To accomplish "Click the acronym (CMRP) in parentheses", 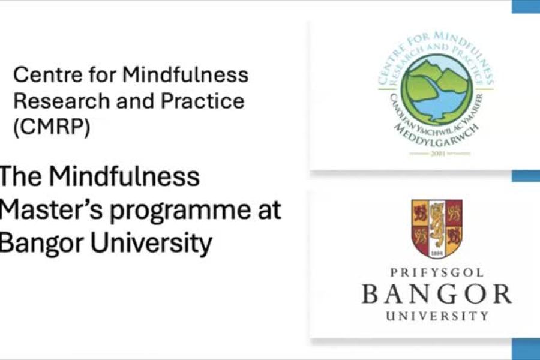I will (x=52, y=128).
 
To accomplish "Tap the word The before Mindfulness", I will (x=20, y=177).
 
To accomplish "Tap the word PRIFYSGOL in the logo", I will (x=436, y=273).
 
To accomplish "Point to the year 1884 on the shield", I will (x=437, y=253).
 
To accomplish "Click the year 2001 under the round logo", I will (x=436, y=154).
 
